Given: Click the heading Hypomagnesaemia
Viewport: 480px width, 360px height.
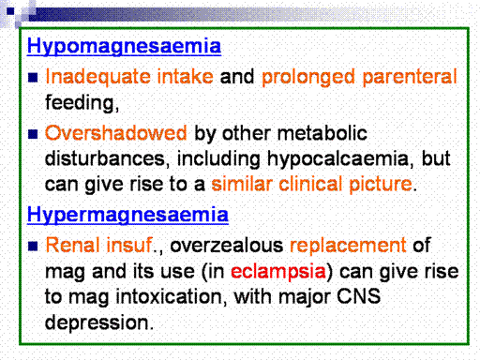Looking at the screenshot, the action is pos(124,46).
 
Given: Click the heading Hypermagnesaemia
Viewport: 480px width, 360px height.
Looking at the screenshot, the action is pos(127,215).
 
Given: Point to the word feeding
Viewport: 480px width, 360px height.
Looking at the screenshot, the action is pos(82,102).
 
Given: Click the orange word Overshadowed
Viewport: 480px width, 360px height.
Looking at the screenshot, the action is pos(116,133).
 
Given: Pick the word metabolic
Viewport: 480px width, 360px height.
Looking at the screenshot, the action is pos(322,133).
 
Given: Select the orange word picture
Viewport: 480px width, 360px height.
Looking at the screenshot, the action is pos(381,185).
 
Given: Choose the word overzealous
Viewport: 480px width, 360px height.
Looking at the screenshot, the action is pos(227,245).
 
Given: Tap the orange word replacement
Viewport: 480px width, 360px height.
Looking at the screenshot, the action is pos(348,246).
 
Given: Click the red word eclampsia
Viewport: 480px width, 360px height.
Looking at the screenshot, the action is pos(278,271).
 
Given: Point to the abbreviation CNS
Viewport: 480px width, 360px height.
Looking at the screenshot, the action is pos(359,296).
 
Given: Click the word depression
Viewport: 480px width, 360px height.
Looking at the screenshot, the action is pos(99,323).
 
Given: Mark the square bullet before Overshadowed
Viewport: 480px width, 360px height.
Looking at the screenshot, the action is pos(33,134).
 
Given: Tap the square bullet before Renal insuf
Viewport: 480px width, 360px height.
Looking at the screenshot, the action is pos(33,246).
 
